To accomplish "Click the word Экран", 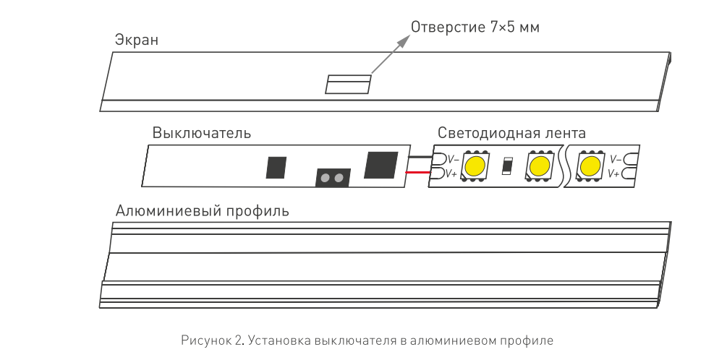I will (x=137, y=40).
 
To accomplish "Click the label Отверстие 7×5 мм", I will (x=475, y=28).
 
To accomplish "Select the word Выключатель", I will (x=201, y=133).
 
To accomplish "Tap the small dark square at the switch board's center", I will (x=276, y=167).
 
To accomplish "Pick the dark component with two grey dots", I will (x=332, y=177).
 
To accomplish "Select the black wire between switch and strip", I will (x=418, y=157).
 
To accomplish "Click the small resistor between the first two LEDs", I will (x=507, y=166).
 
